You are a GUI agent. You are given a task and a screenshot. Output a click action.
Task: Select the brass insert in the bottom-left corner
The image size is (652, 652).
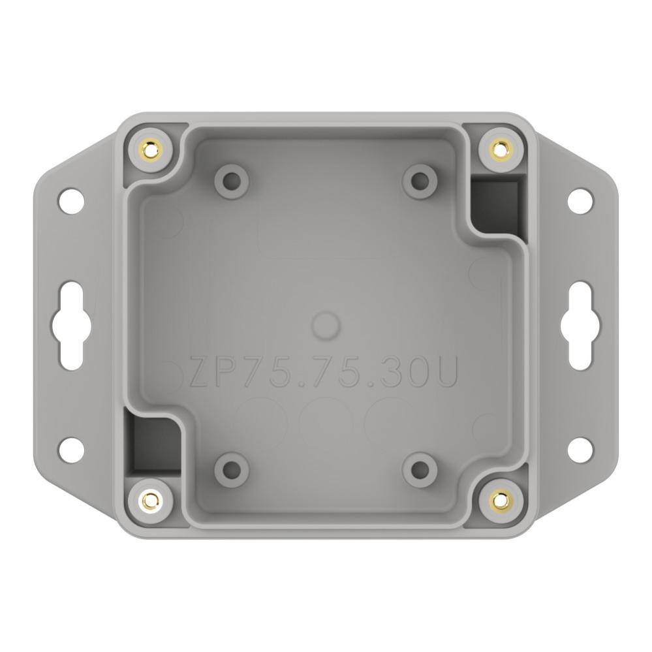151,498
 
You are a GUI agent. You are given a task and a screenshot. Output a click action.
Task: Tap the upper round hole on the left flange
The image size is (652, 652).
71,201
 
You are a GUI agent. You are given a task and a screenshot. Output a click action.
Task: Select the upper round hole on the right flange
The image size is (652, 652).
580,201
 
